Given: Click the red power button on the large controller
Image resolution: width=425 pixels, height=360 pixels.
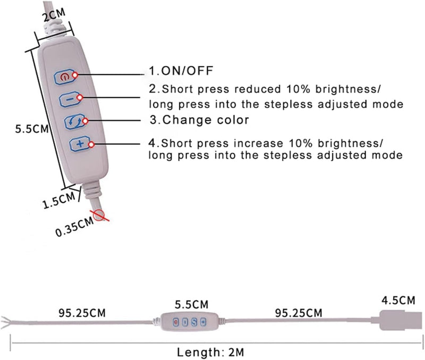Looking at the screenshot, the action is pos(64,77).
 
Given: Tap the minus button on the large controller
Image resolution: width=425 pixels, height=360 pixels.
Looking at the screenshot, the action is pos(70,100).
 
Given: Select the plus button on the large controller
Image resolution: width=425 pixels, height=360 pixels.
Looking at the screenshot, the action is pos(80,144).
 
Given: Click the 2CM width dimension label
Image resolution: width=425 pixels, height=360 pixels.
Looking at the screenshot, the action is pos(54,15).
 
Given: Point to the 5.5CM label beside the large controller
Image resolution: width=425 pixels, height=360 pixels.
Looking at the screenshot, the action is pos(32,128).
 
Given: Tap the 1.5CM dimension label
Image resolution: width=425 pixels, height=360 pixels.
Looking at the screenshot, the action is pos(58,200).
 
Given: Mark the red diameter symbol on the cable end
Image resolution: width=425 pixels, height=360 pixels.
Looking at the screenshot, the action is pos(100,216).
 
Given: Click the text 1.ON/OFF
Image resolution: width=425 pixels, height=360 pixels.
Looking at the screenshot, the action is pos(181,71).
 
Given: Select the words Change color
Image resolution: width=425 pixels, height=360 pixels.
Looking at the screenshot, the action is pos(206,119).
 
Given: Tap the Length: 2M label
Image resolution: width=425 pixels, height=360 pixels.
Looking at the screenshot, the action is pos(210,352).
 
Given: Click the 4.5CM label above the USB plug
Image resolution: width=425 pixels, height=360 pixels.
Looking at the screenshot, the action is pos(398,300).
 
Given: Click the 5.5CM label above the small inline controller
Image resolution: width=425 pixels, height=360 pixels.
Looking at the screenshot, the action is pos(191,304).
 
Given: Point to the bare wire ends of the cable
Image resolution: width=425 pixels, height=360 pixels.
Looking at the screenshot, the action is pos(7,322).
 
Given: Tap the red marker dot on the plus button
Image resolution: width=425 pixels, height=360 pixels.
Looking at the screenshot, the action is pos(91,144).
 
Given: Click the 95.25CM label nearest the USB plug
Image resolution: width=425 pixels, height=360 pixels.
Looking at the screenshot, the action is pos(299,313).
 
